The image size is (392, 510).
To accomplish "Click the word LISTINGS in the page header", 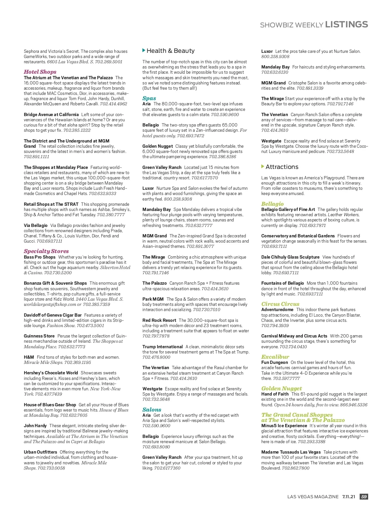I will pos(346,24).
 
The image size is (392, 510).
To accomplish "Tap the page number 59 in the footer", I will pos(364,497).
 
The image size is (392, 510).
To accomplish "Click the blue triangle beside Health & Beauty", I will pos(144,51).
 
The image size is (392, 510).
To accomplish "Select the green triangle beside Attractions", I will pos(263,167).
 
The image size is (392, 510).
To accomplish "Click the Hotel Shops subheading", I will pos(40,72).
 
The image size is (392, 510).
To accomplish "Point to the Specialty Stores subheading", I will pos(46,251).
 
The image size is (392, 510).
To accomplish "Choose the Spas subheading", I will pos(149,98).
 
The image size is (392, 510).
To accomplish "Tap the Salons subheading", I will pos(152,410).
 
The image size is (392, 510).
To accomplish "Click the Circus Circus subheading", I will pos(280,304).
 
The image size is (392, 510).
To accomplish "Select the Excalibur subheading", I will pos(275,357).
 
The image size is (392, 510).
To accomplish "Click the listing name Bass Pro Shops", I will pos(40,257).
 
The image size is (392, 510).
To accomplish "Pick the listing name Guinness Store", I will pos(39,336).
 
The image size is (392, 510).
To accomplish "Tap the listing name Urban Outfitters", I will pos(41,452).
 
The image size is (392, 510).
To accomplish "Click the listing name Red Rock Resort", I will pos(159,320).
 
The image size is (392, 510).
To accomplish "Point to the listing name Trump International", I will pos(162,347).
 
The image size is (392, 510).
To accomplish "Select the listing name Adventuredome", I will pos(277,309).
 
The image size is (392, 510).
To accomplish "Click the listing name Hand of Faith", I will pos(275,394).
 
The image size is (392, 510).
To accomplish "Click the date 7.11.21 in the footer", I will pos(349,497).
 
